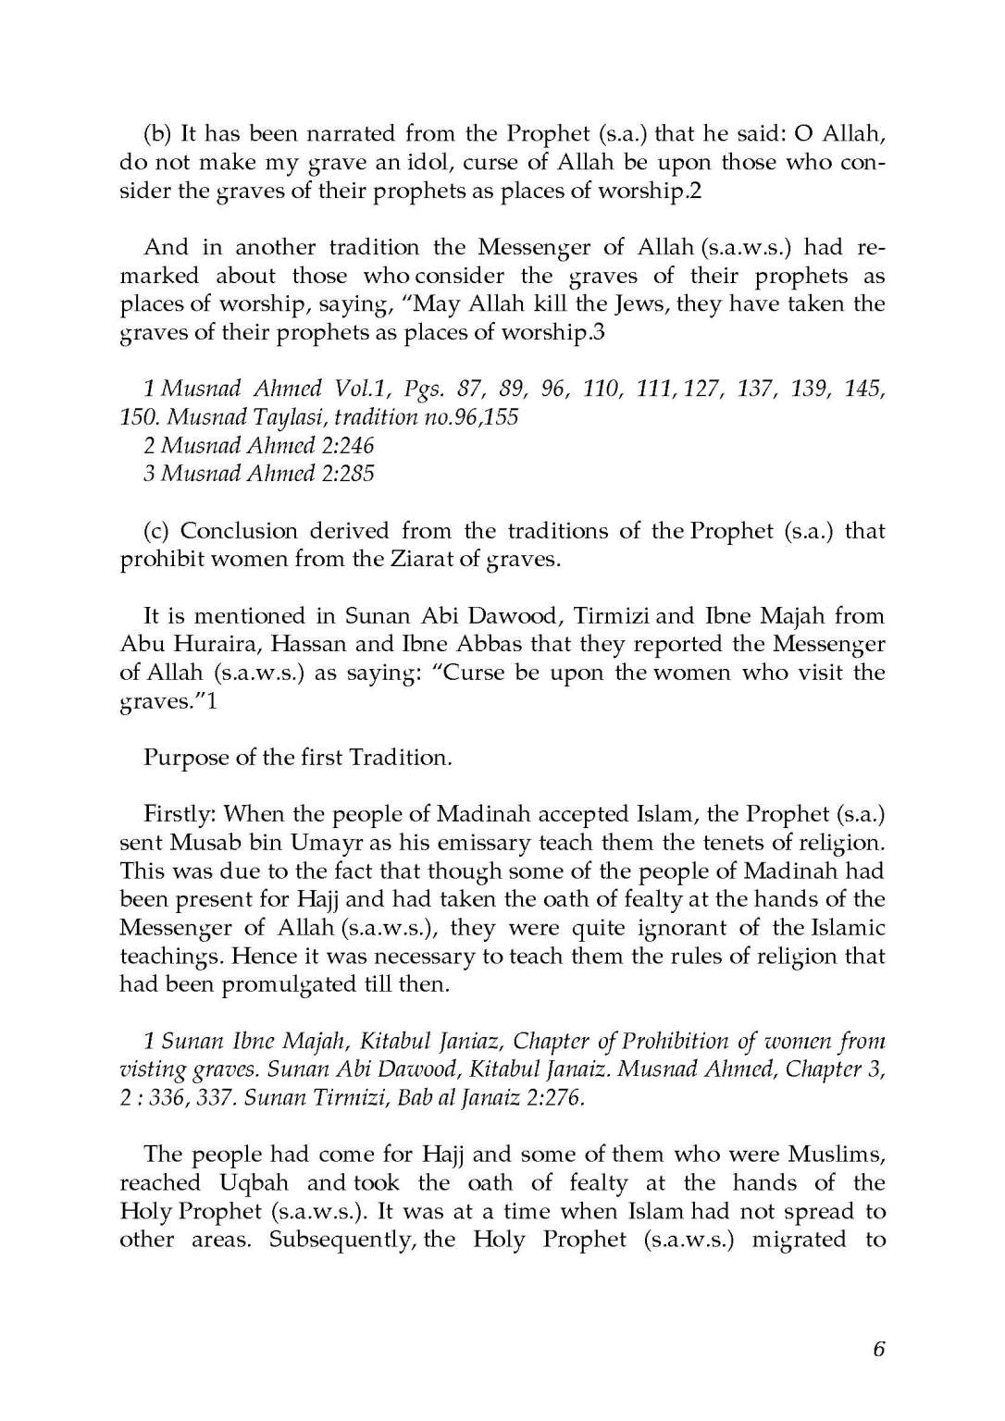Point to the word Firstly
tap(180, 815)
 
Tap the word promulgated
tap(291, 984)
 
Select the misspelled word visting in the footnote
tap(146, 1070)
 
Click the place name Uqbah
tap(254, 1183)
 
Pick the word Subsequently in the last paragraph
tap(341, 1240)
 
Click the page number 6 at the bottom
tap(878, 1349)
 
